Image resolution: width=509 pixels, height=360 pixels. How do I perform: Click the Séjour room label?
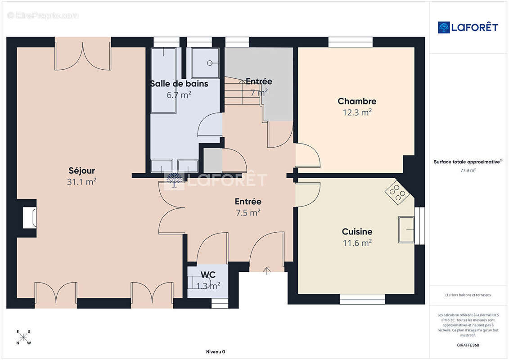click(x=82, y=171)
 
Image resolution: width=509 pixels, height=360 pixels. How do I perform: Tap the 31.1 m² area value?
click(x=82, y=182)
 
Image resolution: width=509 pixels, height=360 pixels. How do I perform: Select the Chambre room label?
click(x=357, y=101)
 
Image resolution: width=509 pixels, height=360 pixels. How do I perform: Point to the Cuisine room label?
click(x=357, y=232)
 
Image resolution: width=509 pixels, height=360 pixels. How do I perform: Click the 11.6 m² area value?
click(x=357, y=243)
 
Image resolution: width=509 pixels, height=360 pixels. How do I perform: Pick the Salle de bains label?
click(x=179, y=84)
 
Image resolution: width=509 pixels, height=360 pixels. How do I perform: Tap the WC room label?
click(x=208, y=274)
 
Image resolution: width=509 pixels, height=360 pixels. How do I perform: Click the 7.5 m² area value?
click(x=248, y=212)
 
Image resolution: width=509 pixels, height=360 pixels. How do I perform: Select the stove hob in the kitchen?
click(x=397, y=193)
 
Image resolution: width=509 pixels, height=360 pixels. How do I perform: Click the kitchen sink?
click(x=406, y=229)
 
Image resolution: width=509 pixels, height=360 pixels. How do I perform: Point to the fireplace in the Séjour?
click(x=29, y=217)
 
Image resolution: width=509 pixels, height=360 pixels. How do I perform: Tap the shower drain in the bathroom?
click(x=210, y=63)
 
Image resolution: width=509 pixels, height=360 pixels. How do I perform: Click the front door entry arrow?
click(x=267, y=271)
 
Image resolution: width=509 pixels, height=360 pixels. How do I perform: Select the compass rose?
click(x=23, y=337)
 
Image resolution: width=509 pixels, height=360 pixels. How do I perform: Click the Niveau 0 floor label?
click(x=216, y=351)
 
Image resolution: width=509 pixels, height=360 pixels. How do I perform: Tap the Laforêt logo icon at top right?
click(x=443, y=27)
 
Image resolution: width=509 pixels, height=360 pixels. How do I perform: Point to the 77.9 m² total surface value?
click(x=468, y=170)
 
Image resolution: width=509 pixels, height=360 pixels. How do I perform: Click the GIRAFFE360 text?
click(x=468, y=345)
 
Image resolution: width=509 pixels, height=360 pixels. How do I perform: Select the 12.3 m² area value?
click(x=357, y=112)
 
